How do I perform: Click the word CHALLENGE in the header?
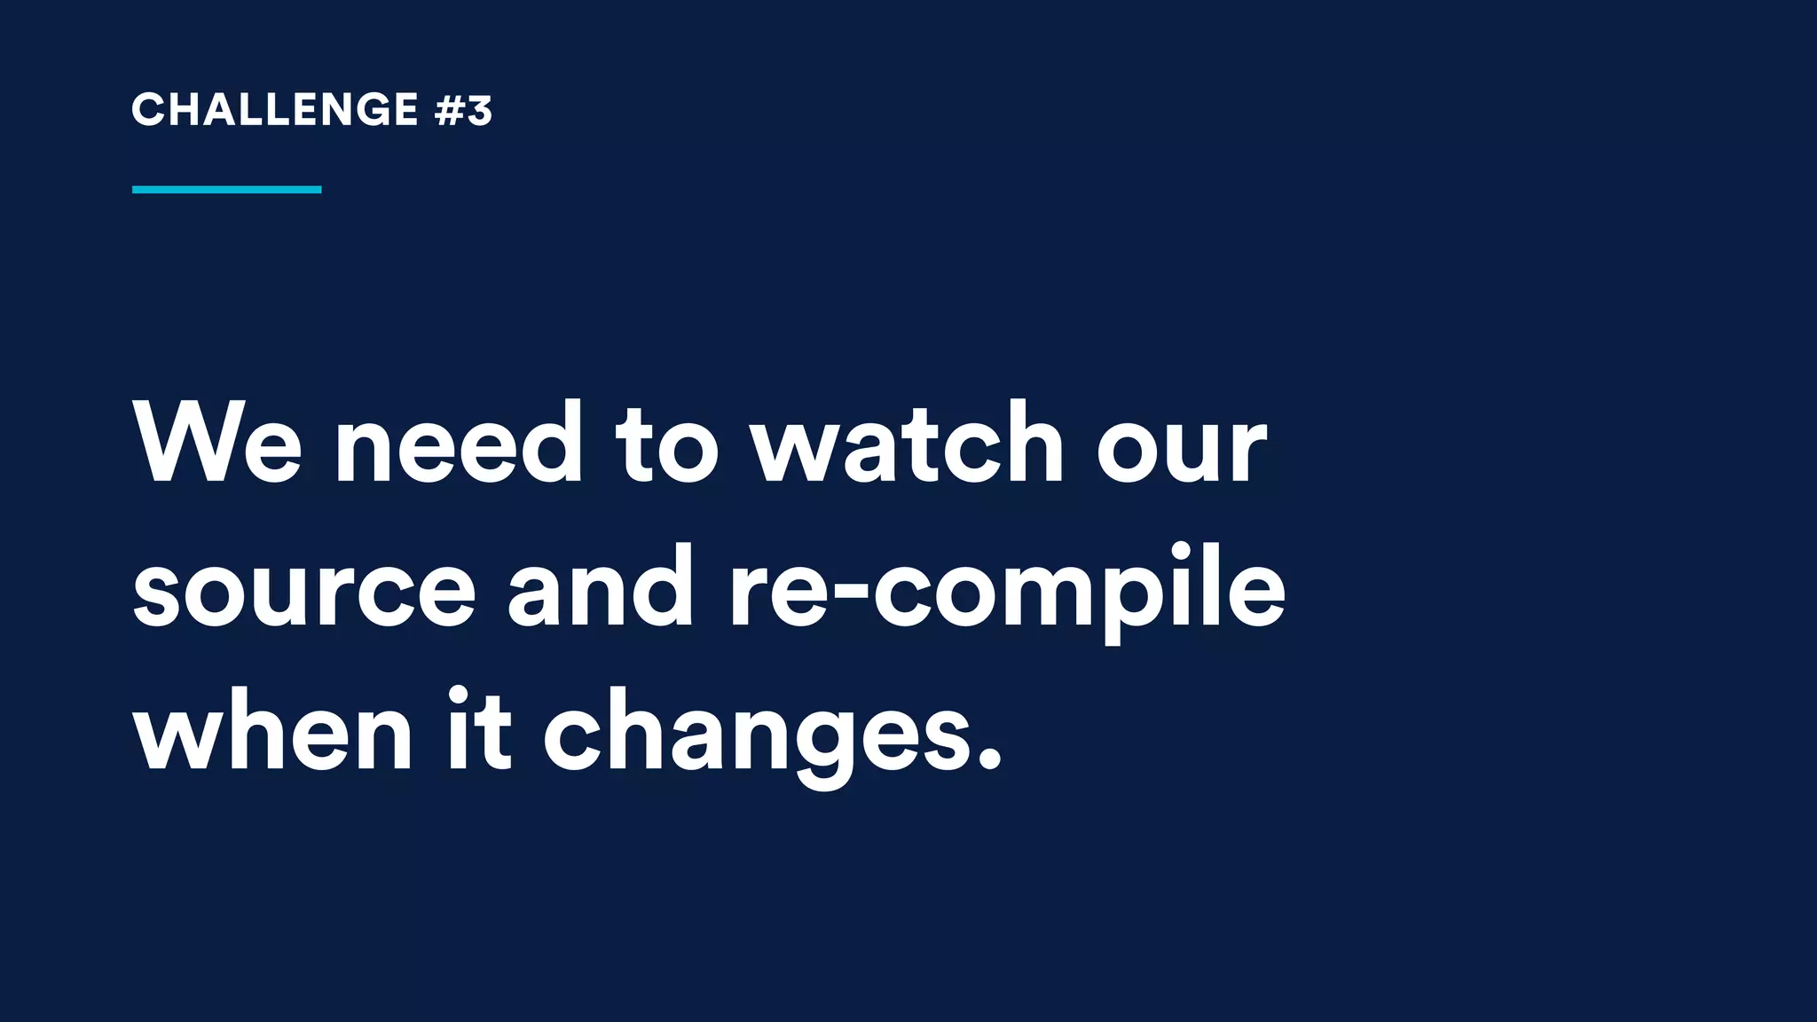tap(275, 110)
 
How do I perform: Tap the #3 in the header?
tap(464, 110)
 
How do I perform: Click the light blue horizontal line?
tap(226, 189)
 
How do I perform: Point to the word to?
tap(666, 446)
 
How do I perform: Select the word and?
tap(601, 587)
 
